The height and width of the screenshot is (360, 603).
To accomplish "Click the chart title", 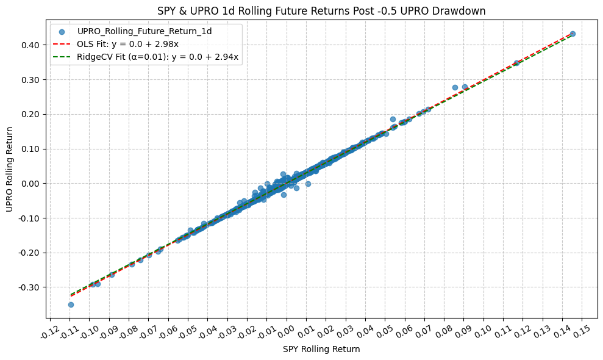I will point(321,10).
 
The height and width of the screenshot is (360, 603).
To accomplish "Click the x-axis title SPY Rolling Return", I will point(321,350).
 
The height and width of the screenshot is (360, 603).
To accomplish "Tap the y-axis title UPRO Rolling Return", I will point(10,169).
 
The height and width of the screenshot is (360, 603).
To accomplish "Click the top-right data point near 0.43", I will point(573,34).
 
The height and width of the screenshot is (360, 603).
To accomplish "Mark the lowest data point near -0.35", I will point(71,304).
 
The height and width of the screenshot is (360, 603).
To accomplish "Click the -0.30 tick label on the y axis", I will point(30,287).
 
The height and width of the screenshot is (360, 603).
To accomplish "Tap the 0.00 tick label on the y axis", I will point(31,184).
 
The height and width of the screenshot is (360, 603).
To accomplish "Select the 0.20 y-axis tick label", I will point(31,114).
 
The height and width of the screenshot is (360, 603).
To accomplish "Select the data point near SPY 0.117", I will point(516,63).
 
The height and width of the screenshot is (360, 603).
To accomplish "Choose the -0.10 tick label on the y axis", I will point(30,218).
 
